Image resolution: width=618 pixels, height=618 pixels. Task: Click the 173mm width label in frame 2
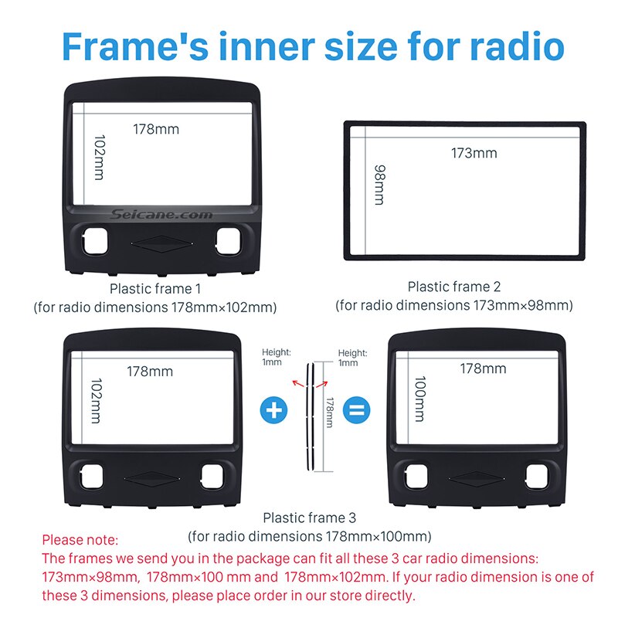pyautogui.click(x=474, y=153)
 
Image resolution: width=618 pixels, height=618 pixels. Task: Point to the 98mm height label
pyautogui.click(x=379, y=184)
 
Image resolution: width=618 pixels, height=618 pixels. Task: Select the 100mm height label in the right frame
pyautogui.click(x=419, y=399)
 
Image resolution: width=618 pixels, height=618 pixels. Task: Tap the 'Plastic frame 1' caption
pyautogui.click(x=154, y=288)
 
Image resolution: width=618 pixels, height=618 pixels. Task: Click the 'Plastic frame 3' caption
pyautogui.click(x=309, y=518)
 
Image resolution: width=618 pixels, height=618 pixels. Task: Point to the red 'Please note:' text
pyautogui.click(x=80, y=539)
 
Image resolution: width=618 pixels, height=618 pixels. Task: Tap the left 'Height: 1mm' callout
pyautogui.click(x=272, y=357)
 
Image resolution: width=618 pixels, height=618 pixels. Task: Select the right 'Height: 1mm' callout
pyautogui.click(x=352, y=357)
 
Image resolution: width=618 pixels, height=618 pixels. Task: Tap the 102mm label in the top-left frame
pyautogui.click(x=99, y=158)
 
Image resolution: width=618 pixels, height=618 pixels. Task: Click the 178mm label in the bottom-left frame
pyautogui.click(x=150, y=372)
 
